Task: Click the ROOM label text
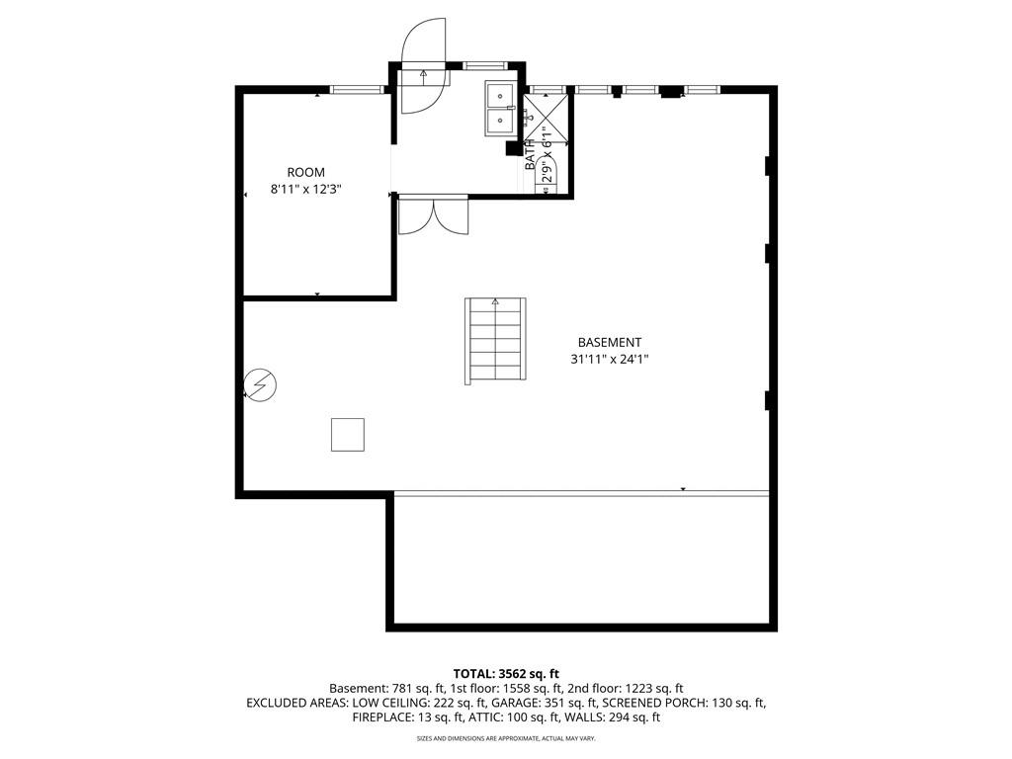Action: coord(305,172)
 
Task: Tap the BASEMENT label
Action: coord(610,342)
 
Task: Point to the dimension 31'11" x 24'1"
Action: coord(610,360)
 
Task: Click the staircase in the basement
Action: coord(495,341)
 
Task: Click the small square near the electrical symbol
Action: coord(347,435)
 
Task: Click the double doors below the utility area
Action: coord(433,215)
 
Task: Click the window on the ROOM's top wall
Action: coord(357,90)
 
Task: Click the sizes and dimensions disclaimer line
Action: coord(506,737)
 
